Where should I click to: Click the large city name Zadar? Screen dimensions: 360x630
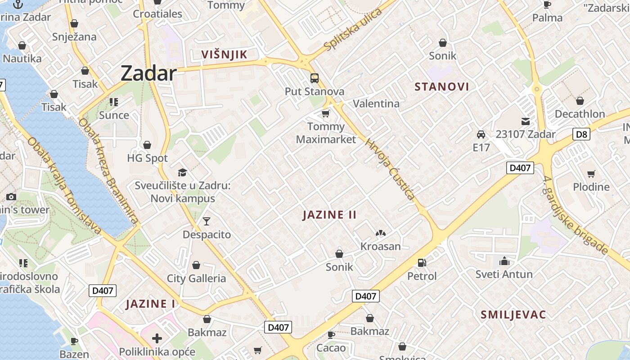click(148, 73)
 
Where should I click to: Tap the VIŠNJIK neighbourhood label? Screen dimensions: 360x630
click(224, 55)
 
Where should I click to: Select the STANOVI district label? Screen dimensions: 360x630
click(441, 87)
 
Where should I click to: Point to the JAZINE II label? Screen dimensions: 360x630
click(329, 215)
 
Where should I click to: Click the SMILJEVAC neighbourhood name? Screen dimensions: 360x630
click(513, 315)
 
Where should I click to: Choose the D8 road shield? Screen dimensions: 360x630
click(581, 134)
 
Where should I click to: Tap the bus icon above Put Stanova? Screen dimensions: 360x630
click(314, 78)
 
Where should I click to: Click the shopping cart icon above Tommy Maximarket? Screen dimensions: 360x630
click(325, 113)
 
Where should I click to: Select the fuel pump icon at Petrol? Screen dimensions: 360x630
click(422, 262)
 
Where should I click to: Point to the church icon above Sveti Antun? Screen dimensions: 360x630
click(504, 261)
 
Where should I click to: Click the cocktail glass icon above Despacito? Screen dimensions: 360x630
click(206, 221)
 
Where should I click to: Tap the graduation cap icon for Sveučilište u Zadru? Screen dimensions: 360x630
click(182, 172)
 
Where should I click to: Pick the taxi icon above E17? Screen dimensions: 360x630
click(481, 134)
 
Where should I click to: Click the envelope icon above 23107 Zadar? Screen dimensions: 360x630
click(525, 121)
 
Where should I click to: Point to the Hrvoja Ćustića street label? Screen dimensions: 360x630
click(390, 169)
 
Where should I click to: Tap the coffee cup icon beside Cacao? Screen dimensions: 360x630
click(331, 334)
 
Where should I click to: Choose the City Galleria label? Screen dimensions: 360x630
click(196, 278)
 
